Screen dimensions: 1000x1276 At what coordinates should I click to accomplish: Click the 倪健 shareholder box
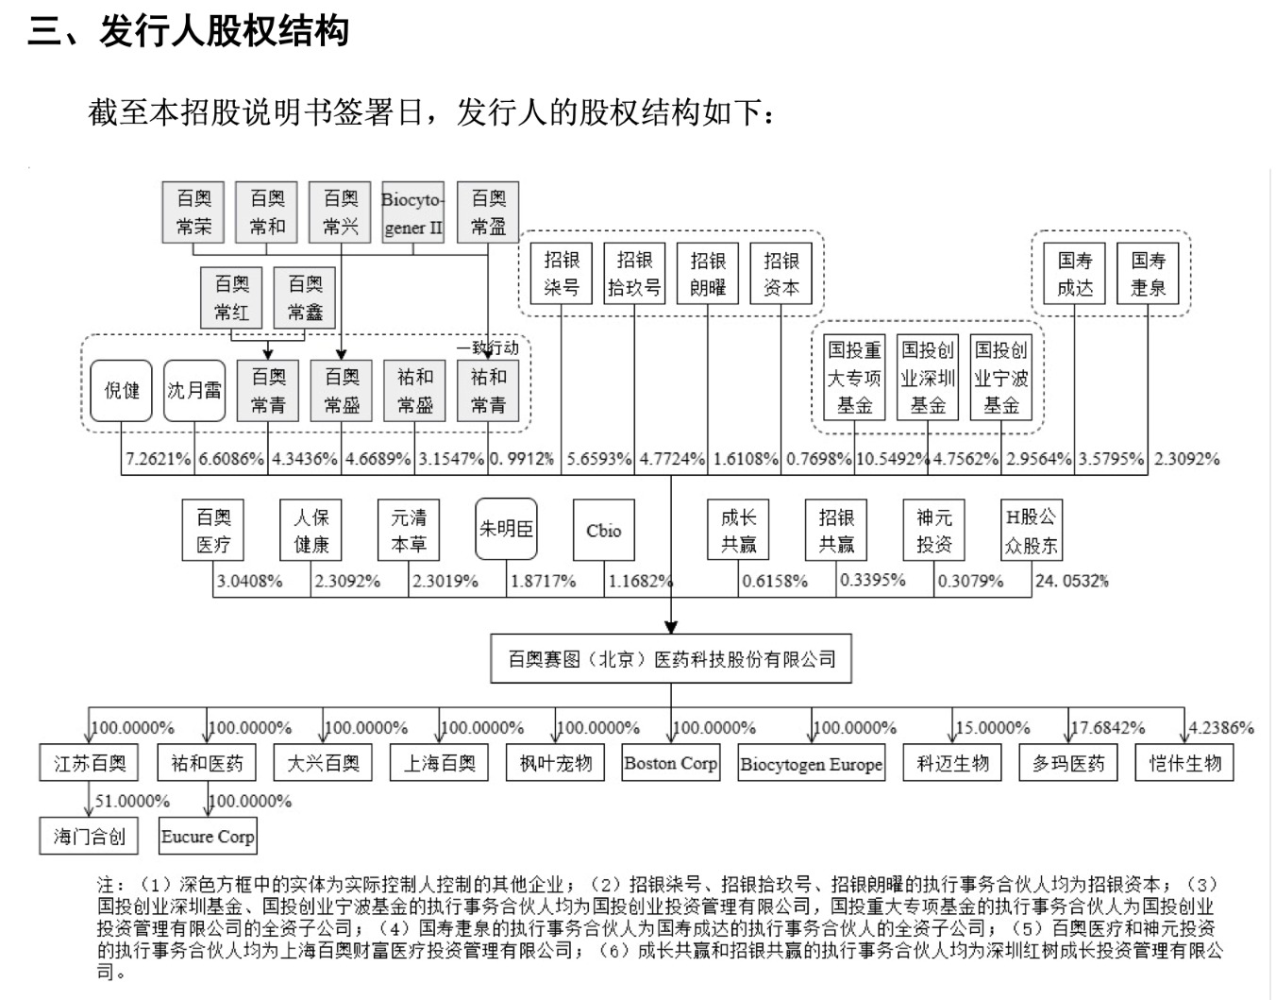(122, 390)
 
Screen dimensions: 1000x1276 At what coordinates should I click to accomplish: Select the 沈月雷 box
(194, 390)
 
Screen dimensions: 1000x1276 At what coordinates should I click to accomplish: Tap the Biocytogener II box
(412, 212)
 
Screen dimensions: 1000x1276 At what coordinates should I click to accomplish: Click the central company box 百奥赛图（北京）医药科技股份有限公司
(671, 659)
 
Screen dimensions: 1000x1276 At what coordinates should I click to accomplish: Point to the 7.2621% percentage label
(159, 459)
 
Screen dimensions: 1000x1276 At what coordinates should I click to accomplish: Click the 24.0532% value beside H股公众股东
(1072, 581)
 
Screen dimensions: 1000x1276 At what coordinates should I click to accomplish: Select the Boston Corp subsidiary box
(671, 763)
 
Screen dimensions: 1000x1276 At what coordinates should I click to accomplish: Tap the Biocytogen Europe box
(812, 763)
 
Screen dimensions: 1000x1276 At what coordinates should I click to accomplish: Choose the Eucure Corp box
(208, 837)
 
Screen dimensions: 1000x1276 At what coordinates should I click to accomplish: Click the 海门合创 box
(90, 837)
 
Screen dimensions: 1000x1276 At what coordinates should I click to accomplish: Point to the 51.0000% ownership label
(132, 801)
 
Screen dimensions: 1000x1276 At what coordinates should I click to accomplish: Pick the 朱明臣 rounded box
(506, 530)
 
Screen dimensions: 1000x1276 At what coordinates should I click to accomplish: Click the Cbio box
(604, 530)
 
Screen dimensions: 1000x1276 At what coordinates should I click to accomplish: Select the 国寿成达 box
(1075, 274)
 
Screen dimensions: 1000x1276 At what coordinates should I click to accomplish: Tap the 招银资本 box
(781, 274)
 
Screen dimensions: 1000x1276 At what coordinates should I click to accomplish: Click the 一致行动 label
(494, 347)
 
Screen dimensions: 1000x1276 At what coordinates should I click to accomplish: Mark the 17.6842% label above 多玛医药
(1108, 728)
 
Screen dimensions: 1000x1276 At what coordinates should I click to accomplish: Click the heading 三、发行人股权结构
(189, 31)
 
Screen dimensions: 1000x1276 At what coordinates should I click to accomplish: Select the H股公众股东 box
(1031, 530)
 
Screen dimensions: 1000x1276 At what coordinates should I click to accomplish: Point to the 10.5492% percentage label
(892, 459)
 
